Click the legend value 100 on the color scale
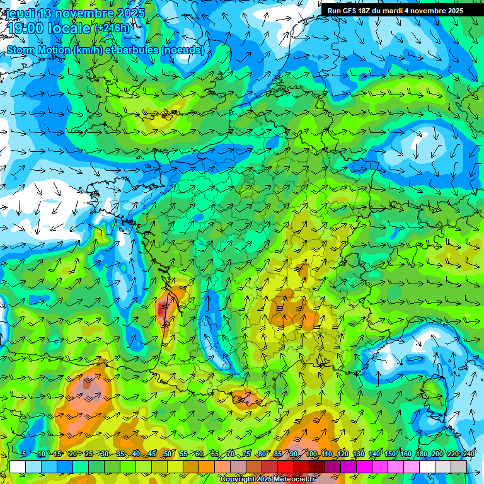click(311, 454)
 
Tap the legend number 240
click(469, 454)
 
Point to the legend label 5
click(23, 454)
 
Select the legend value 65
click(215, 454)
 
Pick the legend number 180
click(421, 454)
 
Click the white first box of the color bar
click(18, 466)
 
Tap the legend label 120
click(343, 454)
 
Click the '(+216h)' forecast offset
click(112, 28)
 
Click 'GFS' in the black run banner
click(350, 11)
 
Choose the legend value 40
click(136, 454)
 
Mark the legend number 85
click(279, 454)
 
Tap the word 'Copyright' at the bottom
click(236, 480)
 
